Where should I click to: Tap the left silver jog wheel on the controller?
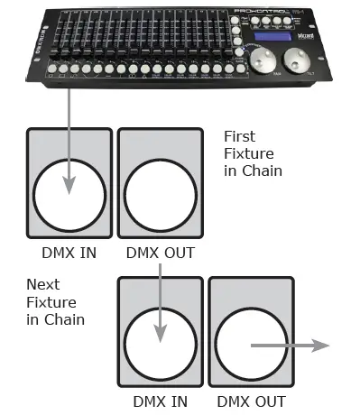263,61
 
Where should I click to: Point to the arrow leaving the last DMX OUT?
289,344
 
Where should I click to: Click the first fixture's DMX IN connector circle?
69,195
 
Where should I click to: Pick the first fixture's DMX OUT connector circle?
160,195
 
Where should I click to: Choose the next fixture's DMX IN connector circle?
160,344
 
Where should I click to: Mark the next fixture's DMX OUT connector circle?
250,344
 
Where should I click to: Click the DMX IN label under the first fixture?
69,253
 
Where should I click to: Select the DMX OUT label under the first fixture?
160,253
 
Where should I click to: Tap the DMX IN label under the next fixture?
160,401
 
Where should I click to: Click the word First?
239,136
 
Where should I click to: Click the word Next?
42,285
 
